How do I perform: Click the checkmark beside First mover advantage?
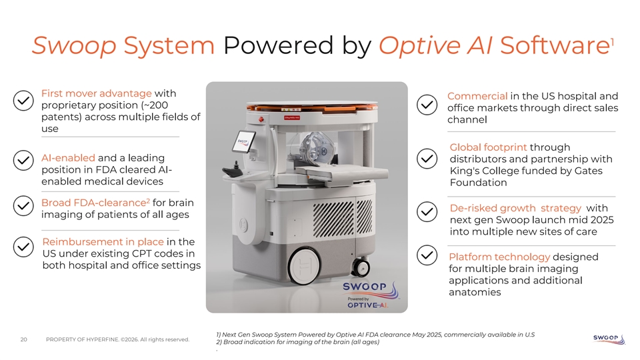[23, 101]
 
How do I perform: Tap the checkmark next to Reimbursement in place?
[23, 247]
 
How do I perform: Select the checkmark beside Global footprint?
[427, 159]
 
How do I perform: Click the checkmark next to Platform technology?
[427, 255]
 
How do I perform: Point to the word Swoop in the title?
[74, 46]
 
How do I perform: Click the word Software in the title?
[555, 45]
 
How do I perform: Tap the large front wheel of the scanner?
[305, 265]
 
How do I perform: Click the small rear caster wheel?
[361, 267]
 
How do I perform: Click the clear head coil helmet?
[315, 147]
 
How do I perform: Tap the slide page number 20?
[24, 339]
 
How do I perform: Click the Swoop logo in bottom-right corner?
[609, 339]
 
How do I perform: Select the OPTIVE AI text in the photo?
[367, 305]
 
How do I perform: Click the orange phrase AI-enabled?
[68, 158]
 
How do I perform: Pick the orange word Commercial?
[477, 96]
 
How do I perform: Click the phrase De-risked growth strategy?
[515, 208]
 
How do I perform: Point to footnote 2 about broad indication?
[297, 342]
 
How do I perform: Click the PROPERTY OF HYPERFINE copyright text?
[117, 339]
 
